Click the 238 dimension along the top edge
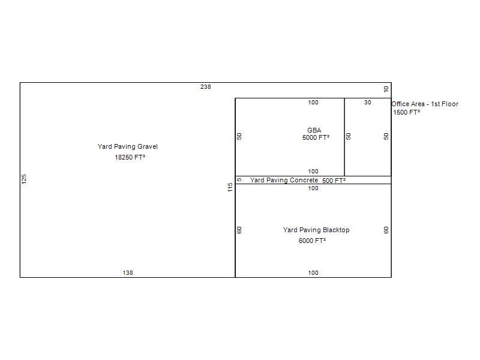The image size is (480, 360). pos(205,87)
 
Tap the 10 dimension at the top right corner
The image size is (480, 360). pos(386,89)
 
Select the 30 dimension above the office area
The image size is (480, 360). pos(368,103)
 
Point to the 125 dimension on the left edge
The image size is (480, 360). pos(24,179)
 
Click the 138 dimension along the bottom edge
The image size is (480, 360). pos(128,273)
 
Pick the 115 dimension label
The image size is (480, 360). pos(230,187)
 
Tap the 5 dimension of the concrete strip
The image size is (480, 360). pos(239,179)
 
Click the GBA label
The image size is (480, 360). pos(314,130)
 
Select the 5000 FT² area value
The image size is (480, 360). pos(316,138)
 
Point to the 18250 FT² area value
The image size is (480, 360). pos(130,157)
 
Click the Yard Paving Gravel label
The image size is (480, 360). pos(128,146)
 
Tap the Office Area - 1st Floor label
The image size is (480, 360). pos(425,104)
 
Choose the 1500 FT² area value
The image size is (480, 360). pos(406,112)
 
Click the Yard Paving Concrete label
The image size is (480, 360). pos(284,181)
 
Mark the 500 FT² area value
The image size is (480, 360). pos(334,181)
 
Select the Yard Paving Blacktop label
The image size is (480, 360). pos(316,230)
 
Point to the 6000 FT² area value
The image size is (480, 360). pos(312,241)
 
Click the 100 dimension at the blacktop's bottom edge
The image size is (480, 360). pos(313,273)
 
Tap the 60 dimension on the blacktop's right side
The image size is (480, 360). pos(386,230)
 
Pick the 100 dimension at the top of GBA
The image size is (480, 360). pos(313,103)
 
